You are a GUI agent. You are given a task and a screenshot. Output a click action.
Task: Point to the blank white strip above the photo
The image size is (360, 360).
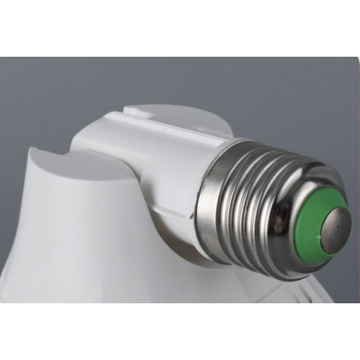coord(180,27)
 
